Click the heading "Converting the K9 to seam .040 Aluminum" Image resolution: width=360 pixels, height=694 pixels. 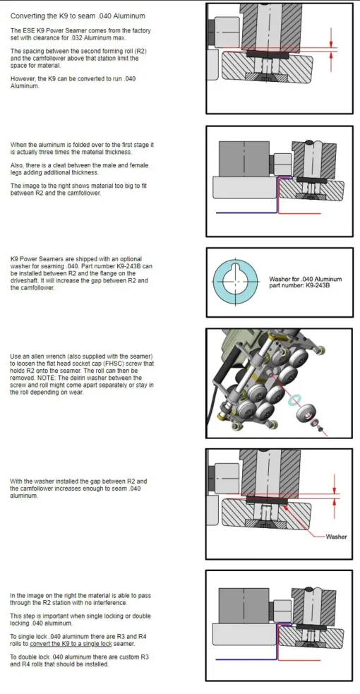(x=78, y=16)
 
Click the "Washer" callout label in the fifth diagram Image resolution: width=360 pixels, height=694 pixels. (x=336, y=537)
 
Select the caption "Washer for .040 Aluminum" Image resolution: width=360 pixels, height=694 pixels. (x=305, y=280)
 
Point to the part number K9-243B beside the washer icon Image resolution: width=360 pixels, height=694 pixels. (x=316, y=285)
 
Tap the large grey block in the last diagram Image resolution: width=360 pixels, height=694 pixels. (x=244, y=605)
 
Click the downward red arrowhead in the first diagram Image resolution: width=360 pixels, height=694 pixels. (x=331, y=42)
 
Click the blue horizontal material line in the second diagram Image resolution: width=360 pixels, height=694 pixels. (x=246, y=213)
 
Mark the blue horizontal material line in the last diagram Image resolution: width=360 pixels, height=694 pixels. (x=246, y=659)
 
